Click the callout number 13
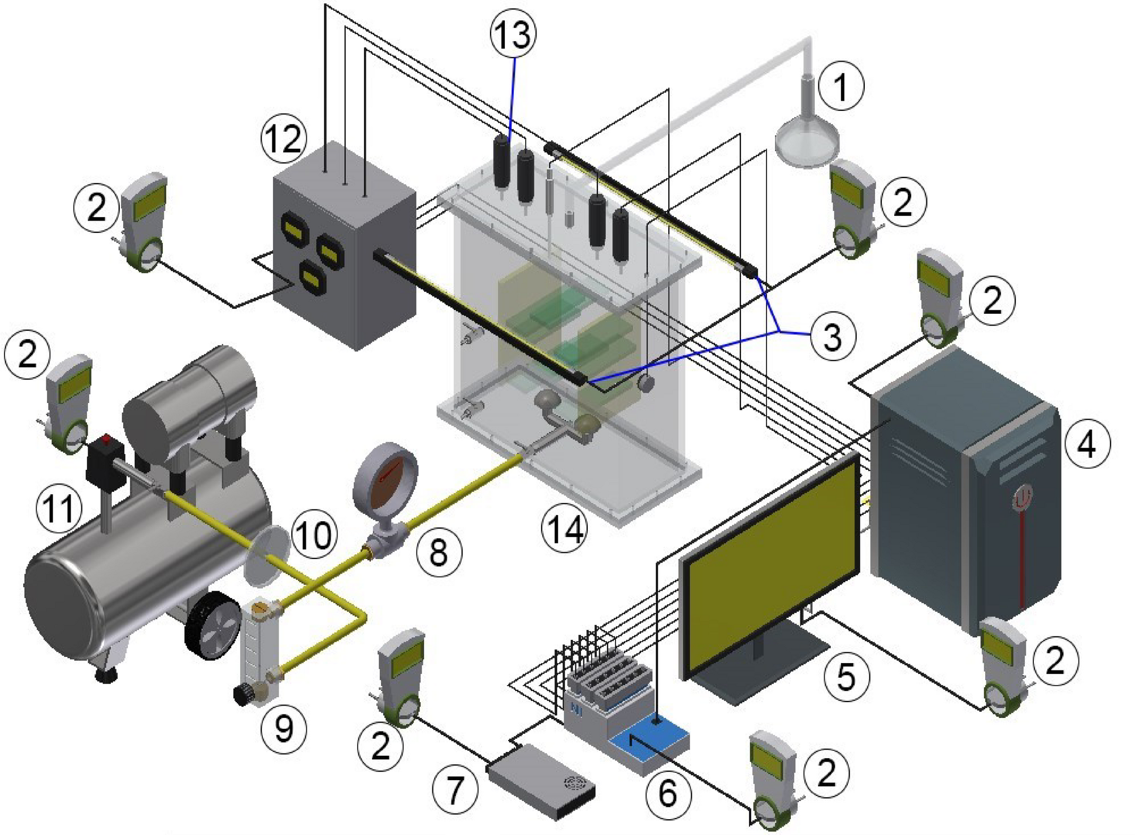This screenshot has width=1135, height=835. point(513,34)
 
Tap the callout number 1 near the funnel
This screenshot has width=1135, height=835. point(842,86)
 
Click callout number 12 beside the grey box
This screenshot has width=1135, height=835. point(284,138)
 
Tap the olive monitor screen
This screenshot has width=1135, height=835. point(772,565)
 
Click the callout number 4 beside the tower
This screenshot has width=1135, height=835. point(1086,444)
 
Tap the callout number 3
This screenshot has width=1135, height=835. point(833,336)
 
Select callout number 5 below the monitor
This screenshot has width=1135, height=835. point(846,676)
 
